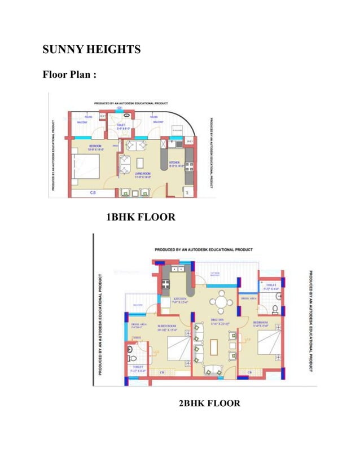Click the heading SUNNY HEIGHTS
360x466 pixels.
91,50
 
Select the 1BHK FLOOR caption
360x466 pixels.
141,217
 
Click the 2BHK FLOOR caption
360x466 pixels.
209,403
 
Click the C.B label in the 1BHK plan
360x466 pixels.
93,193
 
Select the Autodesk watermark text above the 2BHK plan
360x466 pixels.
204,249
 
